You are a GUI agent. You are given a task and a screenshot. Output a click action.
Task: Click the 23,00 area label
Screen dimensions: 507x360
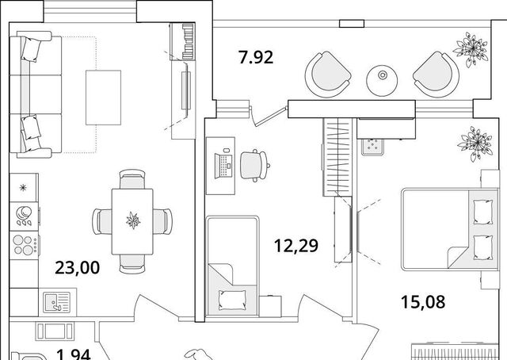78,268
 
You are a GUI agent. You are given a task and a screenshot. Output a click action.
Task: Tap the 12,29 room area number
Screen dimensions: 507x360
296,245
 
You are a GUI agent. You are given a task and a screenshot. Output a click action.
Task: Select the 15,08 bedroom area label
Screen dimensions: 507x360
423,302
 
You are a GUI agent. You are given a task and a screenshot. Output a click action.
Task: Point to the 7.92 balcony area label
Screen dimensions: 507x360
256,57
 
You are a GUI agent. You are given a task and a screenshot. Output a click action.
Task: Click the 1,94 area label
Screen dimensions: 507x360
74,354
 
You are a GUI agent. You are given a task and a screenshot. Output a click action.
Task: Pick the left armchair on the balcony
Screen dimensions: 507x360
328,74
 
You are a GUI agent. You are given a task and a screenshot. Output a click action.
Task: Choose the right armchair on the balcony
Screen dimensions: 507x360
436,74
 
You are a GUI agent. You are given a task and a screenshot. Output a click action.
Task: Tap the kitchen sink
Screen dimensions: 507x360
57,303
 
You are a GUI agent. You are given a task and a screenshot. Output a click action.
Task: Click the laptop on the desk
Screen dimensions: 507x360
223,166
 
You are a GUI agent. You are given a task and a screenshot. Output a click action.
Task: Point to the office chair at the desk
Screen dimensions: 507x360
255,166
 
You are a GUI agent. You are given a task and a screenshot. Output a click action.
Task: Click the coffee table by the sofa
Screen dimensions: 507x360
104,98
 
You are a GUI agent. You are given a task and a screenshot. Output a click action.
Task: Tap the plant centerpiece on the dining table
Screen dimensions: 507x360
133,220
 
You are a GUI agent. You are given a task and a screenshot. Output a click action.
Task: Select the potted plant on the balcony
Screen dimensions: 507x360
471,49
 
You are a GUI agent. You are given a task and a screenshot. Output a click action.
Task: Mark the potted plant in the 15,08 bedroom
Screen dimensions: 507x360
475,144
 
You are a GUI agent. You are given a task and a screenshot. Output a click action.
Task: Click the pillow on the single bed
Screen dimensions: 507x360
232,299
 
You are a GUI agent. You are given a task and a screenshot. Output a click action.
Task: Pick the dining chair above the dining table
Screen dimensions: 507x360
132,178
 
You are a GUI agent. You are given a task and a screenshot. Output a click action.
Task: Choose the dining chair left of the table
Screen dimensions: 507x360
102,221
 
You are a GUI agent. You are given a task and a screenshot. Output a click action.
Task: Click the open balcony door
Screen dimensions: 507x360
269,116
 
